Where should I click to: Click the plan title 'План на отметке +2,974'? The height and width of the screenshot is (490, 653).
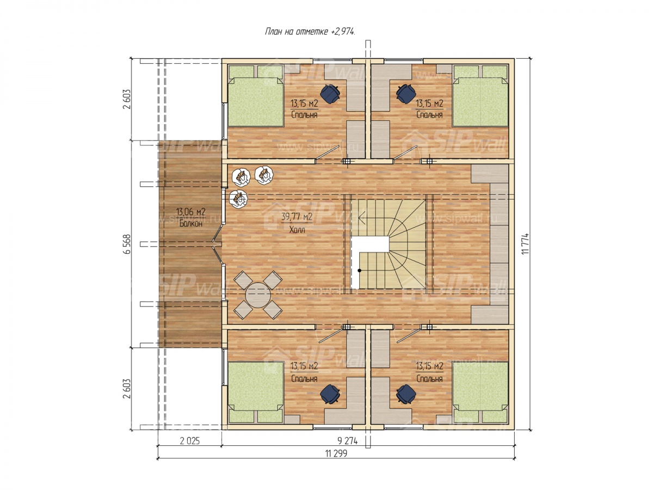(310, 32)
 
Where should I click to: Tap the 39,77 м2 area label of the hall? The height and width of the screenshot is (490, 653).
(297, 217)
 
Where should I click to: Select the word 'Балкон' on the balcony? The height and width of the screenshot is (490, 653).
(190, 224)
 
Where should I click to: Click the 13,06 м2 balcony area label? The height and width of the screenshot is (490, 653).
(190, 212)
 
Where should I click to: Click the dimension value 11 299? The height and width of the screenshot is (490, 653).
(336, 454)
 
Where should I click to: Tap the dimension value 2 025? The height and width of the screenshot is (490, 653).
(190, 440)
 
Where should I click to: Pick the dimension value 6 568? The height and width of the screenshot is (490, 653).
(127, 244)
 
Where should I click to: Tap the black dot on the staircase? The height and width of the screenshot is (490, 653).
(359, 271)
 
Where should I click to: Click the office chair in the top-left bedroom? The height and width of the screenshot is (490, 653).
(330, 94)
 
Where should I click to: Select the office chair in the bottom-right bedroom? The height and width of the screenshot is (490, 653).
(406, 394)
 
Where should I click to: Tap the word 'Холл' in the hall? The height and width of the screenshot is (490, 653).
(297, 230)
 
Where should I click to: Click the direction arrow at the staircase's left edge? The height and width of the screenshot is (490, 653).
(362, 217)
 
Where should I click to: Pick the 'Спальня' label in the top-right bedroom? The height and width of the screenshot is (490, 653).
(429, 115)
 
